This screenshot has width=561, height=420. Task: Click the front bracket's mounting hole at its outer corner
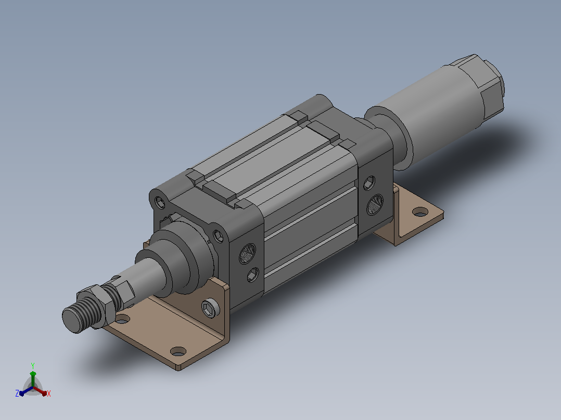(x=178, y=351)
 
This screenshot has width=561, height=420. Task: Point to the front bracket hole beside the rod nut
(x=122, y=319)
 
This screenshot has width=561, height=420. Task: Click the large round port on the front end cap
(x=247, y=254)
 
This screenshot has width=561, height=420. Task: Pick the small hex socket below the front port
(x=253, y=275)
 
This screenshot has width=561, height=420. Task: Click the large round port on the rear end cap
(x=375, y=205)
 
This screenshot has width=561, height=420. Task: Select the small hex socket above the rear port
(x=369, y=183)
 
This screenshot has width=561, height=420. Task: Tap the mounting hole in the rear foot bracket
(x=420, y=212)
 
